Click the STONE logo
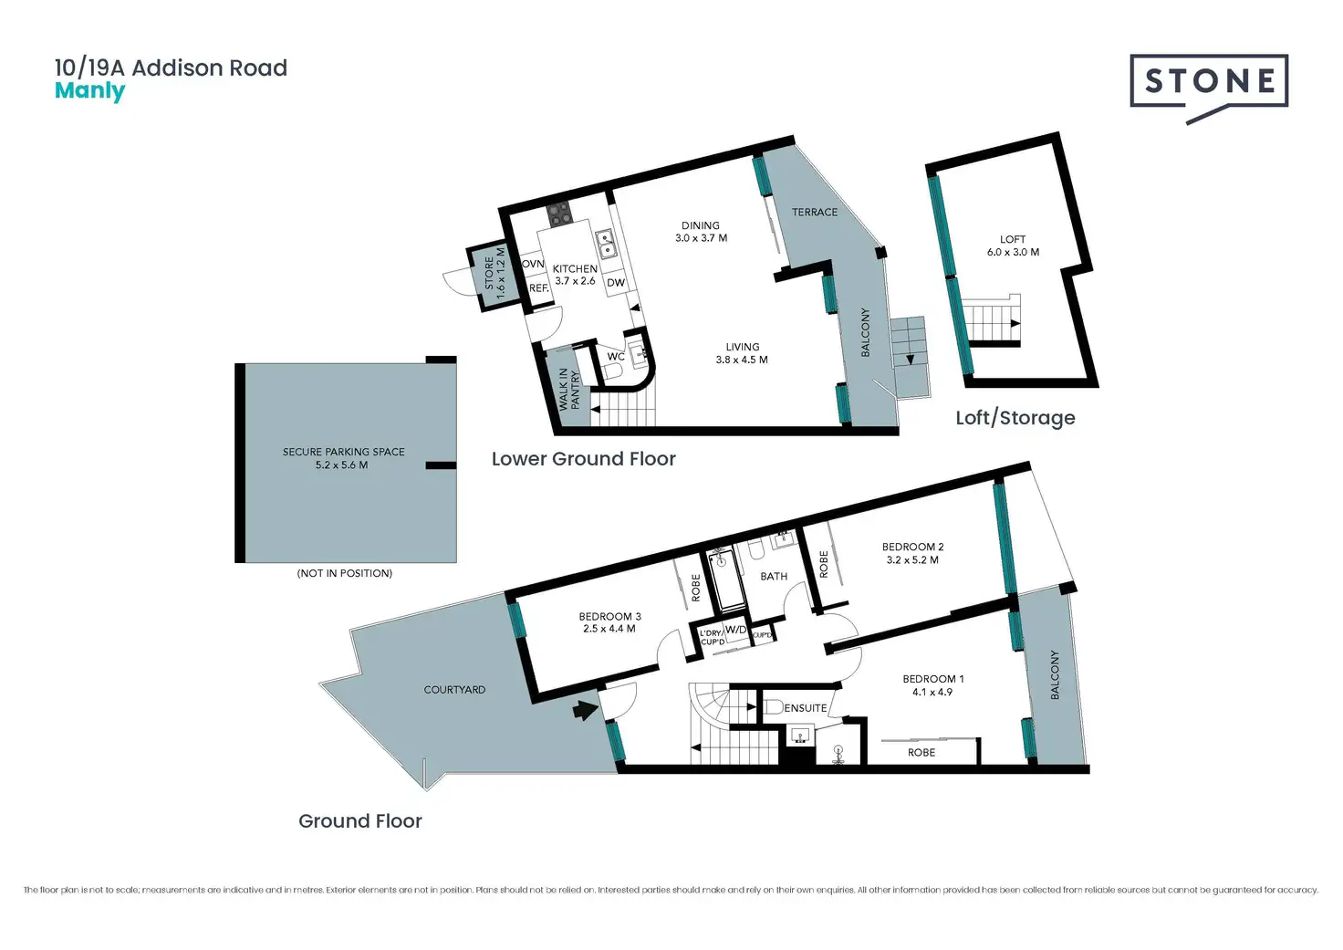tap(1209, 82)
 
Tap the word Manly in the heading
tap(89, 91)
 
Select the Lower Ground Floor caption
tap(583, 459)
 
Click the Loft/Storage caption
tap(1015, 418)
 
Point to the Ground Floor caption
tap(359, 821)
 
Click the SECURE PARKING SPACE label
tap(343, 452)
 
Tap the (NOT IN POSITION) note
tap(344, 573)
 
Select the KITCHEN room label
tap(575, 268)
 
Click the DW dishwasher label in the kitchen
tap(616, 283)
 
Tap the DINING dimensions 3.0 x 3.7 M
tap(701, 238)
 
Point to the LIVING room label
tap(742, 347)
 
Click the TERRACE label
tap(814, 212)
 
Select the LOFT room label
tap(1013, 239)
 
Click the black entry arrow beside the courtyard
tap(582, 709)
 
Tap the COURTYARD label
tap(454, 690)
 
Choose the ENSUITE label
tap(805, 708)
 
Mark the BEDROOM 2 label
tap(912, 547)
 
